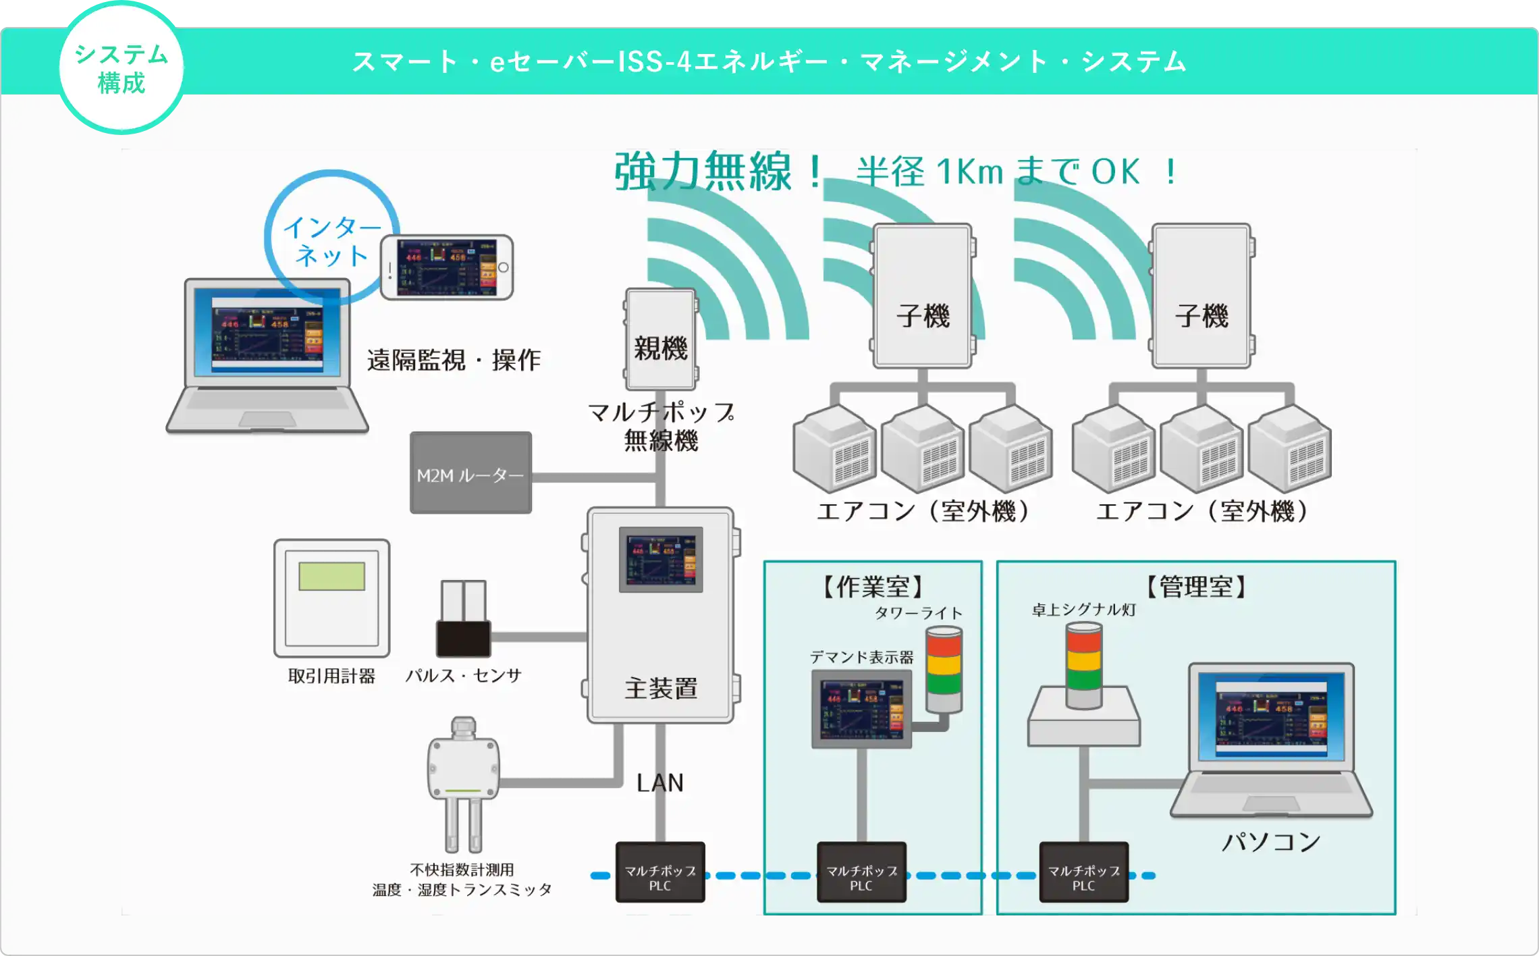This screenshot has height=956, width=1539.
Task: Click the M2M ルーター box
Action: pyautogui.click(x=470, y=473)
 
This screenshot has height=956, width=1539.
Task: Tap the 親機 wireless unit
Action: pyautogui.click(x=661, y=340)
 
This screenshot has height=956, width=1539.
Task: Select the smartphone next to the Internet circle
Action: pyautogui.click(x=446, y=267)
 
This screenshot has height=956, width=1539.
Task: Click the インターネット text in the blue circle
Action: pyautogui.click(x=331, y=241)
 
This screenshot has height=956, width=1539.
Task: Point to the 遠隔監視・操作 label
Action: pyautogui.click(x=454, y=360)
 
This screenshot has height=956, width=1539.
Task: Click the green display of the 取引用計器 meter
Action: pyautogui.click(x=331, y=577)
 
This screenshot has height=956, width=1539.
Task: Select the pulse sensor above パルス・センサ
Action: pyautogui.click(x=463, y=619)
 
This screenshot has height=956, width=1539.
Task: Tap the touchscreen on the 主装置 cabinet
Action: pyautogui.click(x=661, y=560)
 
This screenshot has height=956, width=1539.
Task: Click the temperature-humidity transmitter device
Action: pyautogui.click(x=463, y=776)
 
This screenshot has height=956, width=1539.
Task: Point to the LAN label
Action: pyautogui.click(x=660, y=783)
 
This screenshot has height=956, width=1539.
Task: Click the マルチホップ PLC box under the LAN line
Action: pyautogui.click(x=660, y=872)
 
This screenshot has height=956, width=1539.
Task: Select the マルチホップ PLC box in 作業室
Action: pyautogui.click(x=861, y=872)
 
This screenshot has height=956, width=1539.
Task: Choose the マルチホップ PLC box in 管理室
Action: pyautogui.click(x=1083, y=872)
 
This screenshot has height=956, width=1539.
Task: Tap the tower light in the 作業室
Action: pyautogui.click(x=944, y=668)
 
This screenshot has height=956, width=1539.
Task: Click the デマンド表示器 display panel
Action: pyautogui.click(x=861, y=709)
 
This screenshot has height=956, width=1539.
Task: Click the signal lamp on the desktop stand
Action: pyautogui.click(x=1083, y=665)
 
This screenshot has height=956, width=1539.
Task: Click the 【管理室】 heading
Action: pyautogui.click(x=1195, y=586)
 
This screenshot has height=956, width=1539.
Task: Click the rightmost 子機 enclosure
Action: pyautogui.click(x=1201, y=296)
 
